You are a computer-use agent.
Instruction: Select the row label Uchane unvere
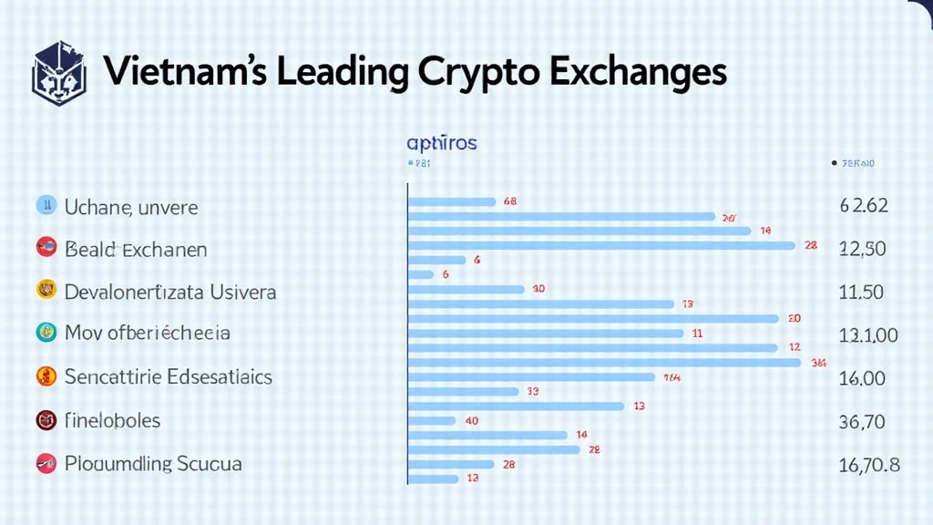[x=130, y=207]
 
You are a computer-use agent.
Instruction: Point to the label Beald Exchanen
[x=136, y=249]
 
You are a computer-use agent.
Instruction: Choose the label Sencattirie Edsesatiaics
[x=169, y=376]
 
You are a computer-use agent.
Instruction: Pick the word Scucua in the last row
[x=210, y=463]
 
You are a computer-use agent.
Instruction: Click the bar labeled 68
[x=451, y=201]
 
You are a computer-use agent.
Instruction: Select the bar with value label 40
[x=431, y=420]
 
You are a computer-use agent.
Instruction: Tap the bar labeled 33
[x=463, y=391]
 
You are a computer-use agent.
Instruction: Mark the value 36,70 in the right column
[x=862, y=421]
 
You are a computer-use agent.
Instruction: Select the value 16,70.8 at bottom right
[x=868, y=465]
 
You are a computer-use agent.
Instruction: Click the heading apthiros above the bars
[x=441, y=143]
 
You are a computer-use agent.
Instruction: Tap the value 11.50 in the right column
[x=860, y=293]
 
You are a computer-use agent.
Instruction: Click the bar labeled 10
[x=466, y=289]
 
